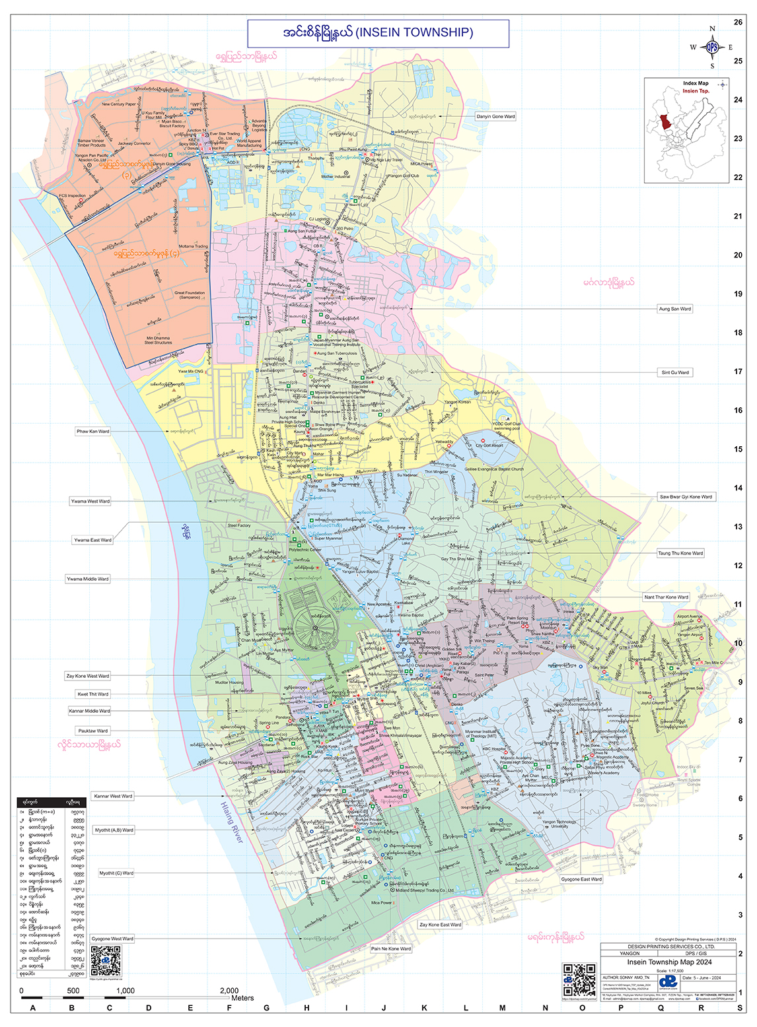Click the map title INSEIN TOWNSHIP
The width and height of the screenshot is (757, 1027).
point(414,32)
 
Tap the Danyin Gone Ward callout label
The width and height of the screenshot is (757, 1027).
point(495,116)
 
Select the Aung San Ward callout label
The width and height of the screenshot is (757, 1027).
point(674,309)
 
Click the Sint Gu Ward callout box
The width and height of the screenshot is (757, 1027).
point(675,372)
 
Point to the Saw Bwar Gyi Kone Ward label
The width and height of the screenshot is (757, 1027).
point(686,496)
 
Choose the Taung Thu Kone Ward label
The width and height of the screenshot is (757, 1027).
point(680,553)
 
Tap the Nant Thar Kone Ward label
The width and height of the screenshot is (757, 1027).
point(666,597)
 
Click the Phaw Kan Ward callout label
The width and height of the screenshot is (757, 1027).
point(92,431)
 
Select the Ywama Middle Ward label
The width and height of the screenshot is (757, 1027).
point(87,579)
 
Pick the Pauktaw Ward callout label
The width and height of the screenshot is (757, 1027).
point(92,731)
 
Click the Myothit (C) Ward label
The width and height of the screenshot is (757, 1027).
point(116,873)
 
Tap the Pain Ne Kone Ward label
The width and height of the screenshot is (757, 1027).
point(391,948)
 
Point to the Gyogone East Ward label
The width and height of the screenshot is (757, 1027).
point(581,879)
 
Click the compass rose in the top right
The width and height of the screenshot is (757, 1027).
point(711,47)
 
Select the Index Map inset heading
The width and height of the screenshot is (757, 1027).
point(696,83)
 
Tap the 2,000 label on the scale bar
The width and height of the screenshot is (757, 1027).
point(229,990)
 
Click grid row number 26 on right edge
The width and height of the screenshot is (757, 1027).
point(738,22)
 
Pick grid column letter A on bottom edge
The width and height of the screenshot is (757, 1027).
point(33,1008)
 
